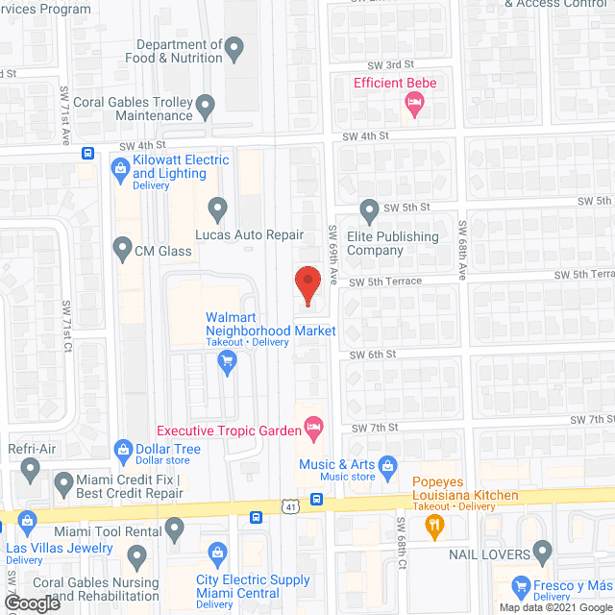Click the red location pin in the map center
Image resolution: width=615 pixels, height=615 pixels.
point(307,286)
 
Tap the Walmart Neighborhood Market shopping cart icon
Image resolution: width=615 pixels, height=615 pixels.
point(227,361)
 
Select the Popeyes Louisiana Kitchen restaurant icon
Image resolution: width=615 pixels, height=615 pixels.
point(433,525)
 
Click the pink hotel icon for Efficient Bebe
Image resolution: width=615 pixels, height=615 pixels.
point(415,104)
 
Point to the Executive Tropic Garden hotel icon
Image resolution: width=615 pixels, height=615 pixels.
point(312,427)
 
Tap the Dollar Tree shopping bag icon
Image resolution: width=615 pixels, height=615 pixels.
point(123,449)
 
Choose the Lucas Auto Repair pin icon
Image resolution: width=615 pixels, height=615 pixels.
point(218,208)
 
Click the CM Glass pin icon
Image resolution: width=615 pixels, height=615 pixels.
point(122,251)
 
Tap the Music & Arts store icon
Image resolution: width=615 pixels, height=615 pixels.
point(388,467)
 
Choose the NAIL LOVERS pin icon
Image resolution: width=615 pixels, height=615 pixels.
point(543,551)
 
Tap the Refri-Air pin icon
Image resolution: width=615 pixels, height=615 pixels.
point(30,470)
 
